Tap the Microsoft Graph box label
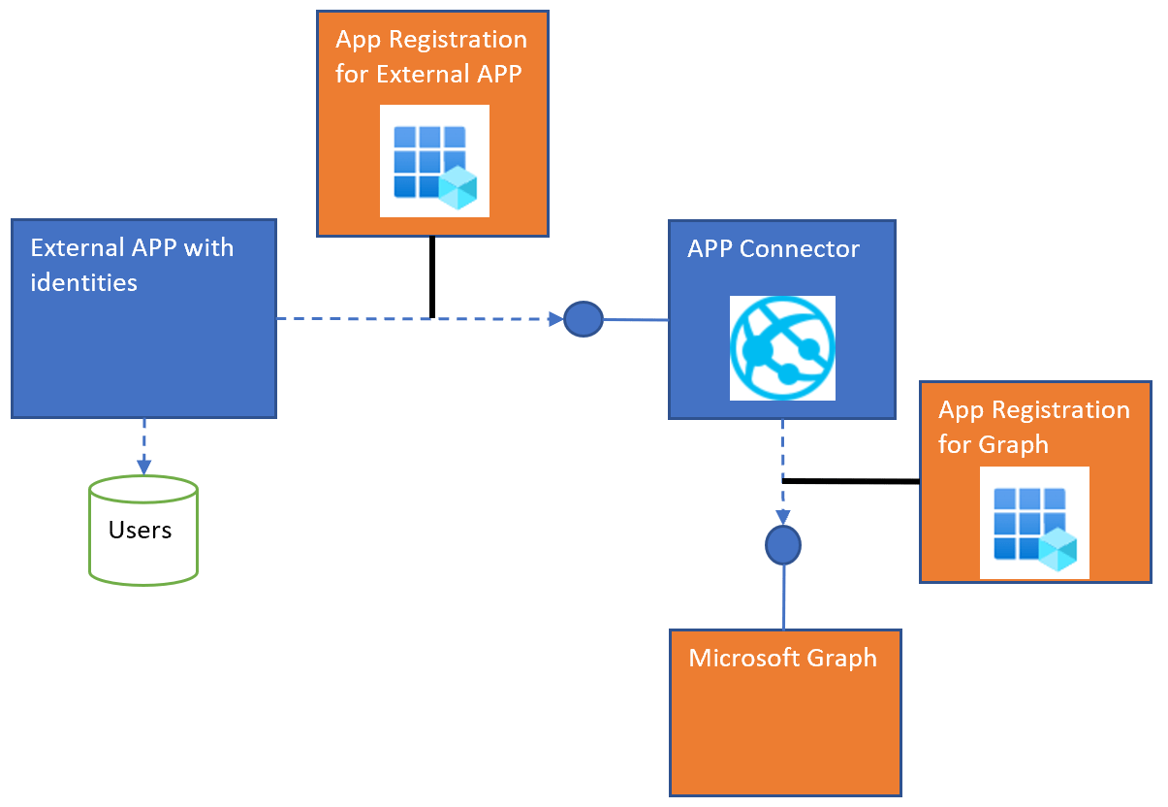(x=782, y=659)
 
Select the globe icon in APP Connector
(x=782, y=347)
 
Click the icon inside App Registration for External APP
(x=434, y=161)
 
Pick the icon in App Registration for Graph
(x=1034, y=523)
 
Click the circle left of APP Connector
(x=584, y=318)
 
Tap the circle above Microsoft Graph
(x=783, y=546)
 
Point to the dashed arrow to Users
(x=144, y=446)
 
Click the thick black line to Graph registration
(x=850, y=481)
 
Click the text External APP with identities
(x=132, y=265)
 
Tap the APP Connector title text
(x=773, y=249)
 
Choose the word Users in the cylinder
(x=141, y=531)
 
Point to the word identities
(x=84, y=282)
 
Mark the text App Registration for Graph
(x=1033, y=427)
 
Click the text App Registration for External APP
(x=431, y=57)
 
